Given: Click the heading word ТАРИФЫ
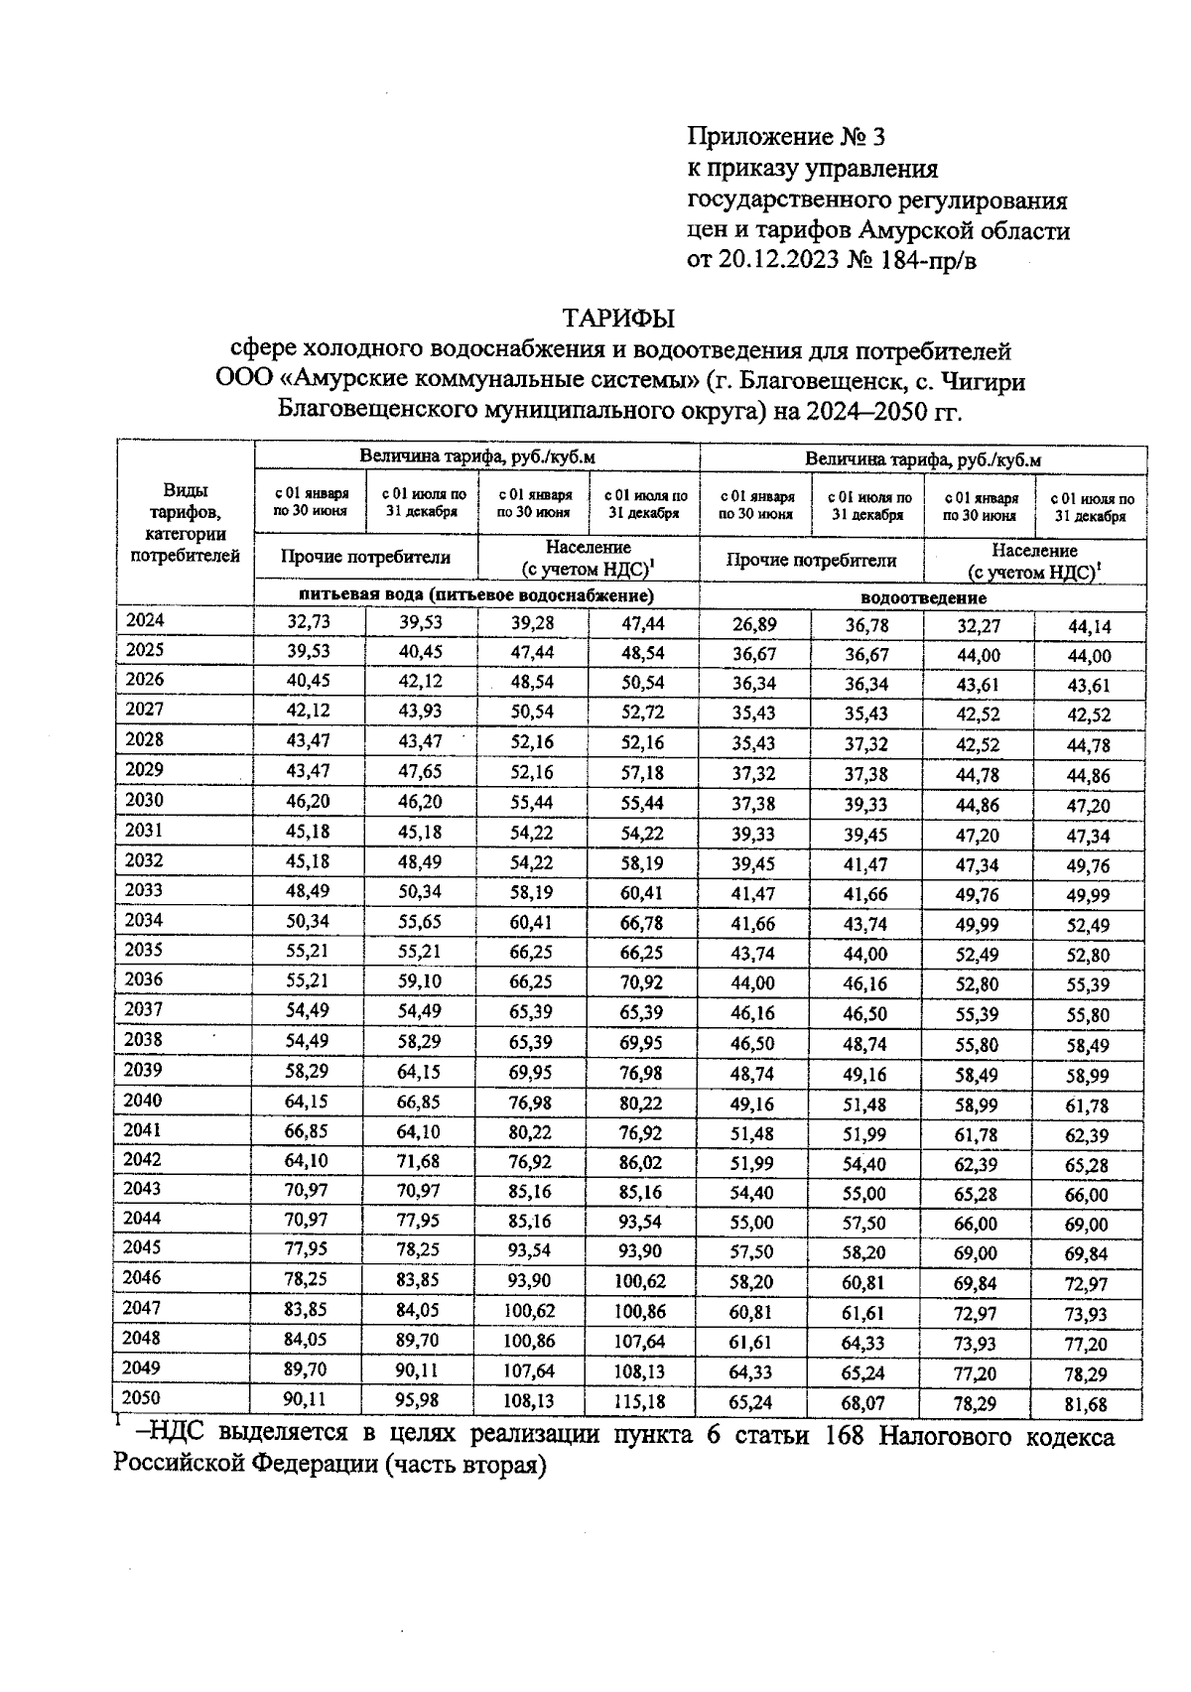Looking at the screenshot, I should pyautogui.click(x=618, y=319).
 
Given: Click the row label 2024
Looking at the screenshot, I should pyautogui.click(x=145, y=621).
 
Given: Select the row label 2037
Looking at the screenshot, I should pyautogui.click(x=145, y=1009).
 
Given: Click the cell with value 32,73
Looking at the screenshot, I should pyautogui.click(x=309, y=623).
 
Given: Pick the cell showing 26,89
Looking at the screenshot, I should pyautogui.click(x=754, y=624).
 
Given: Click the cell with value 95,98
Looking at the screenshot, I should pyautogui.click(x=420, y=1400).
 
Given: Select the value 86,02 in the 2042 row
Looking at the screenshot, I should pyautogui.click(x=642, y=1161).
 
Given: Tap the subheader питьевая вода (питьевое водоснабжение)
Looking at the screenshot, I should pyautogui.click(x=476, y=595).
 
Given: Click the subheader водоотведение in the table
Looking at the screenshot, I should pyautogui.click(x=923, y=597).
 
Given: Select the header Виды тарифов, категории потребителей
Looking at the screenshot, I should pyautogui.click(x=186, y=523).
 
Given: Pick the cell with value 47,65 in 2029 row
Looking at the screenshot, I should pyautogui.click(x=420, y=771).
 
